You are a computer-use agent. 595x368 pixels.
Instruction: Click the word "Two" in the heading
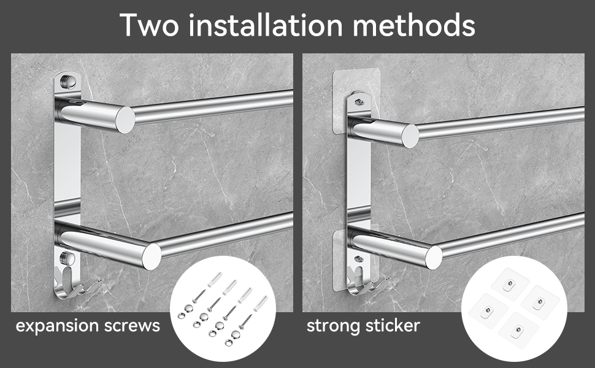click(x=149, y=25)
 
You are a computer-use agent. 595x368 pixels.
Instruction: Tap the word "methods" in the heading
click(x=413, y=25)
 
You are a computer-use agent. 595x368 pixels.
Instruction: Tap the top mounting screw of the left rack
click(x=67, y=81)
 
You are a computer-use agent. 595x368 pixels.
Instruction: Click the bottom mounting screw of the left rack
click(x=67, y=258)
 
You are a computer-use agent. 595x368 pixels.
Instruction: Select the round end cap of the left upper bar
click(x=125, y=120)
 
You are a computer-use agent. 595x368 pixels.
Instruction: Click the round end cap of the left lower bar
click(x=152, y=256)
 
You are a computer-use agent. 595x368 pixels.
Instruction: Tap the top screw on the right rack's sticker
click(x=359, y=102)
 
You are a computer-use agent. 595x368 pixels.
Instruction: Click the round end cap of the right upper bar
click(x=410, y=136)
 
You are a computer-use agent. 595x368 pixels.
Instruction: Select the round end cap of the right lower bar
click(x=433, y=257)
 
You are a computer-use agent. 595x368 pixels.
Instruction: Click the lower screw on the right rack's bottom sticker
click(x=359, y=259)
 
